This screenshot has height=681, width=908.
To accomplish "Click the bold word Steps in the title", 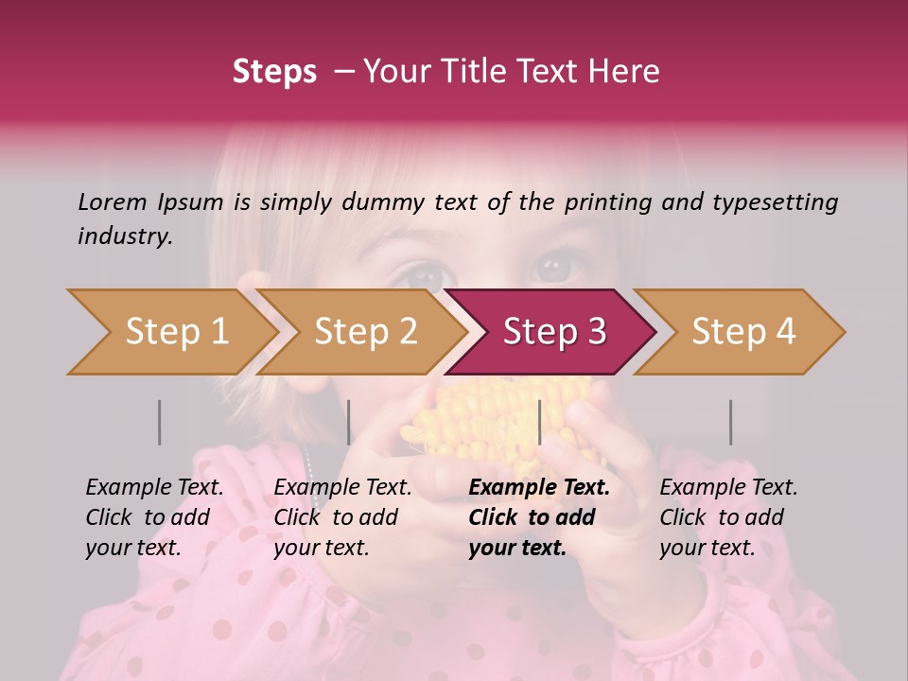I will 274,72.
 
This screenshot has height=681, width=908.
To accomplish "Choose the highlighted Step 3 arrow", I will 553,332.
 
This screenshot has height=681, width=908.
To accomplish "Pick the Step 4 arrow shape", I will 742,332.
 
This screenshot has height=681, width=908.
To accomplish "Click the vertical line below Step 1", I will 160,422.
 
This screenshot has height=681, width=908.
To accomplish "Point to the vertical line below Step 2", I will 349,422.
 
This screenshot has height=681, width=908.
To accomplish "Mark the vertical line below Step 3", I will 539,422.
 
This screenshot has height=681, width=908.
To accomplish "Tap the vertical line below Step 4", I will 730,422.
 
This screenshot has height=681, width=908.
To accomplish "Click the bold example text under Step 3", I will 538,517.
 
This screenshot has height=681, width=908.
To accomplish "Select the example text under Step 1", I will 154,517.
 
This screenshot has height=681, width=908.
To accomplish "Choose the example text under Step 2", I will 342,517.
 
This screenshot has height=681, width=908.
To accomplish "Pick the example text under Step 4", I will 728,517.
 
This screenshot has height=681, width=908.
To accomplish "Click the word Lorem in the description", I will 113,201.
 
